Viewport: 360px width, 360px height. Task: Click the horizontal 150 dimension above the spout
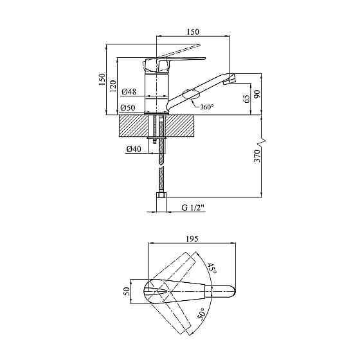pyautogui.click(x=193, y=32)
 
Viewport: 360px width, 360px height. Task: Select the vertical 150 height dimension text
pyautogui.click(x=102, y=80)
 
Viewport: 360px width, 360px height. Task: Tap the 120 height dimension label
pyautogui.click(x=113, y=86)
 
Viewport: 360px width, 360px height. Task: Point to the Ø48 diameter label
pyautogui.click(x=129, y=92)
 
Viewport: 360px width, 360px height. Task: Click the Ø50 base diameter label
pyautogui.click(x=128, y=107)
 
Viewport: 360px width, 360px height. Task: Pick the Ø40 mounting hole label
pyautogui.click(x=134, y=149)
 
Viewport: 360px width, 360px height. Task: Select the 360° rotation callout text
pyautogui.click(x=207, y=107)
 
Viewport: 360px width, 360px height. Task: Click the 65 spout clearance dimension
pyautogui.click(x=246, y=99)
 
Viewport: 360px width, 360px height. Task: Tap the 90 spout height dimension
pyautogui.click(x=257, y=94)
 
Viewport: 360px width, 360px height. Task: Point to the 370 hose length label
pyautogui.click(x=257, y=156)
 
